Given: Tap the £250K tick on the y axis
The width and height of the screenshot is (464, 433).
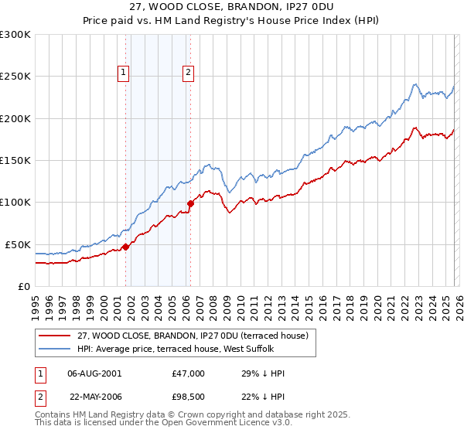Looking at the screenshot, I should click(x=15, y=77).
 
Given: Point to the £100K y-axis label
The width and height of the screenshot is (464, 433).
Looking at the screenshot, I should click(x=15, y=203).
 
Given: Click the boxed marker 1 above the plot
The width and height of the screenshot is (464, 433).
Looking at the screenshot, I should click(x=124, y=73).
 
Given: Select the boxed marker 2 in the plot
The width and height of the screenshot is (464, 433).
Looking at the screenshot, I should click(x=188, y=73).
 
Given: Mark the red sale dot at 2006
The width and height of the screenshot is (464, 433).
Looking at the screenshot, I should click(x=190, y=204).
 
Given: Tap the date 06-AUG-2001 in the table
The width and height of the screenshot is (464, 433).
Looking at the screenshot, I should click(x=94, y=373).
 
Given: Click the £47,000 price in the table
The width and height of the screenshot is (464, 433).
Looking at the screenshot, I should click(x=188, y=373).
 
